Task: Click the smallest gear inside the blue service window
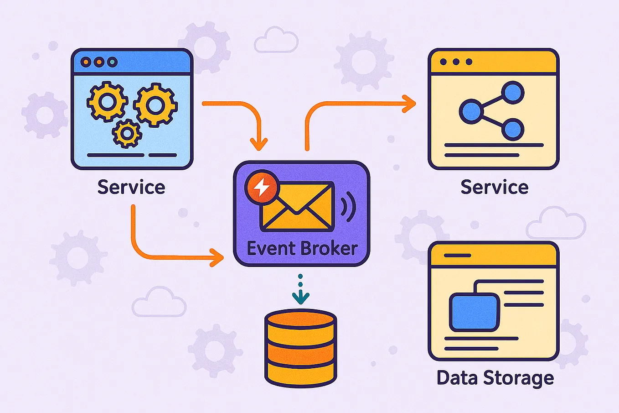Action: [x=127, y=133]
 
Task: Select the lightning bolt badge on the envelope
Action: [x=261, y=188]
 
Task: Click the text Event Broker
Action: [x=302, y=249]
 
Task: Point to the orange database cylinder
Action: [x=300, y=348]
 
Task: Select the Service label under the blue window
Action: [x=131, y=188]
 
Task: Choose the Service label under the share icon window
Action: [x=494, y=188]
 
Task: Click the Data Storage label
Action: [x=495, y=378]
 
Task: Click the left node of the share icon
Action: [x=470, y=111]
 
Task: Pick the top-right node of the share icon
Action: [x=512, y=93]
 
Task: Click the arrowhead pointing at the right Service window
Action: [x=409, y=104]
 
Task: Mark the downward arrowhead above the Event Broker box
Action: [x=259, y=144]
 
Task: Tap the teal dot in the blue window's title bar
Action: [x=112, y=62]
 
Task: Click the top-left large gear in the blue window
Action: [x=107, y=101]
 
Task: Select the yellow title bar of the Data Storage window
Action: [x=493, y=255]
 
